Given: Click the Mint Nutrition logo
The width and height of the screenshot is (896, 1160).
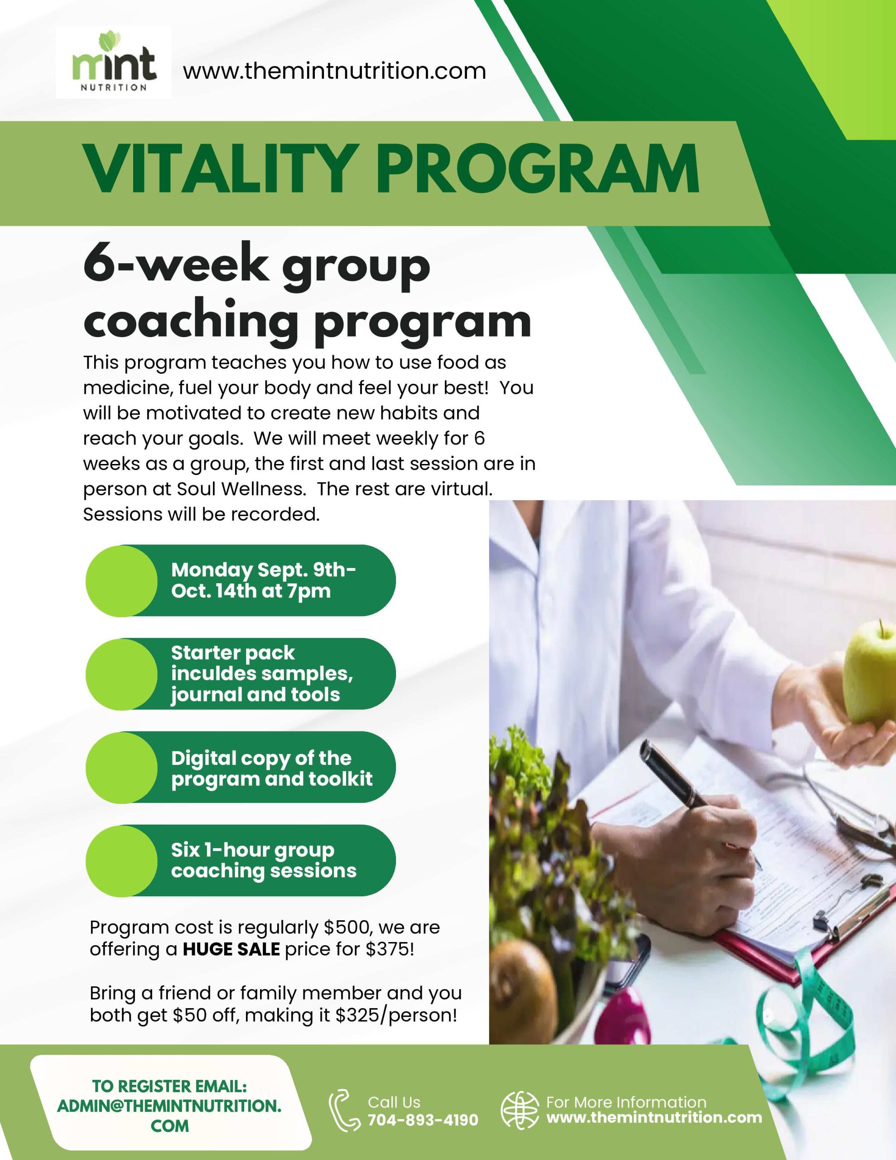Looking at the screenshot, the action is [x=114, y=63].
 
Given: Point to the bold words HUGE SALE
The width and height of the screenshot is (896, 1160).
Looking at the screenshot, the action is [x=231, y=949].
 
